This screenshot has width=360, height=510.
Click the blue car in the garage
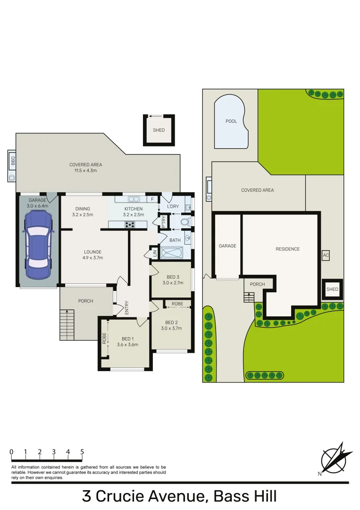[38, 245]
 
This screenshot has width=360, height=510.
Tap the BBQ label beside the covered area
[13, 161]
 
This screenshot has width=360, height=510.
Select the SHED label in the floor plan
[159, 130]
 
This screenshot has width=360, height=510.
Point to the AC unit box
[325, 255]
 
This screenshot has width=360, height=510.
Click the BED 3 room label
[173, 277]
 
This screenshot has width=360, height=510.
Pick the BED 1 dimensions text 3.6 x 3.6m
[127, 345]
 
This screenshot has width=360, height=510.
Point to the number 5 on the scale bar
[82, 452]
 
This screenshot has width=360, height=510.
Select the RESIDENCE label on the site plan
[287, 249]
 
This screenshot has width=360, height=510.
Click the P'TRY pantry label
[164, 221]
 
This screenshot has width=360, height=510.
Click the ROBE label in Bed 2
[177, 304]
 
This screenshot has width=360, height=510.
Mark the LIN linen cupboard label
[154, 253]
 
